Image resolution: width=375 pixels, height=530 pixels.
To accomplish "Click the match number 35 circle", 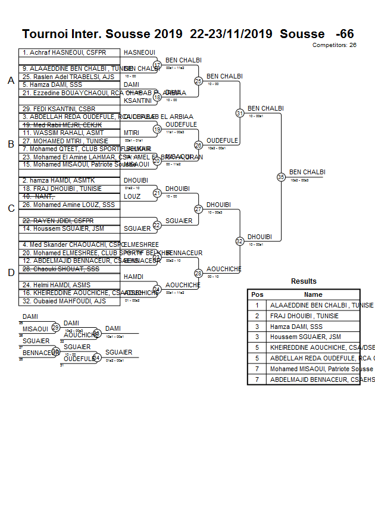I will point(281,177).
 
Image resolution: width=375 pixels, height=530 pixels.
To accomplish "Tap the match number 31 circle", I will point(240,113).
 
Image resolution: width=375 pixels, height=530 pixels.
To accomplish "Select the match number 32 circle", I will point(240,241).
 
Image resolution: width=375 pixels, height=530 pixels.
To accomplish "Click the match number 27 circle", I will point(199,209).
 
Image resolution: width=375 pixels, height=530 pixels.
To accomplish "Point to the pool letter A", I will point(11,81).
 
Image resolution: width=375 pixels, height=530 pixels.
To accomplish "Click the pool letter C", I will point(11,209).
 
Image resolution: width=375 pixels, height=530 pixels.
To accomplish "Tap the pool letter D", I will point(11,273).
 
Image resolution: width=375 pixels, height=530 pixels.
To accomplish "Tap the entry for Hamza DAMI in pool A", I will point(48,85).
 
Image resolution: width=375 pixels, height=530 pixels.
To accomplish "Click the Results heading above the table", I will point(304,281).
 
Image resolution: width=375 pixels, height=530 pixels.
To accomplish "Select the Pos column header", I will point(257,294).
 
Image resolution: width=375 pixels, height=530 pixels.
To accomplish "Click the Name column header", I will point(313,294).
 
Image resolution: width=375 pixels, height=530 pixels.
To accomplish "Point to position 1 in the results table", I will point(257,305).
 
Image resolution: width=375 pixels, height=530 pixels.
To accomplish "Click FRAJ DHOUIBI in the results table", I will point(304,316).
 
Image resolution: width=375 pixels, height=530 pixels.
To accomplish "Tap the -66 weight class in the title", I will point(345,34).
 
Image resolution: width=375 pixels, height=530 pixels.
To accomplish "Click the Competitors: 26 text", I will point(334,45).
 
